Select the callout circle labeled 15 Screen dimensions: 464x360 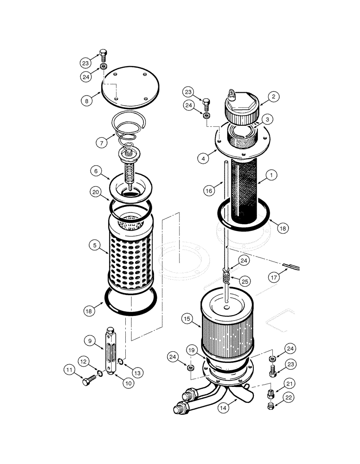click(187, 319)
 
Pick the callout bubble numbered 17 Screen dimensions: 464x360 click(275, 278)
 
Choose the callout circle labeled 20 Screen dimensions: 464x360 click(96, 192)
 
